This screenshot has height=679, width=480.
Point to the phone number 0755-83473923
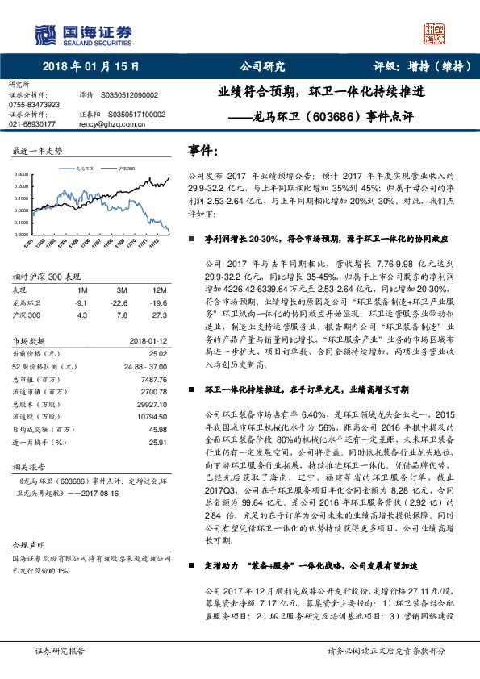(x=34, y=104)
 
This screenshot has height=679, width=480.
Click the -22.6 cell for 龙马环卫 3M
(x=123, y=302)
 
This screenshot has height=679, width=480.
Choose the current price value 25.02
(x=157, y=352)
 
